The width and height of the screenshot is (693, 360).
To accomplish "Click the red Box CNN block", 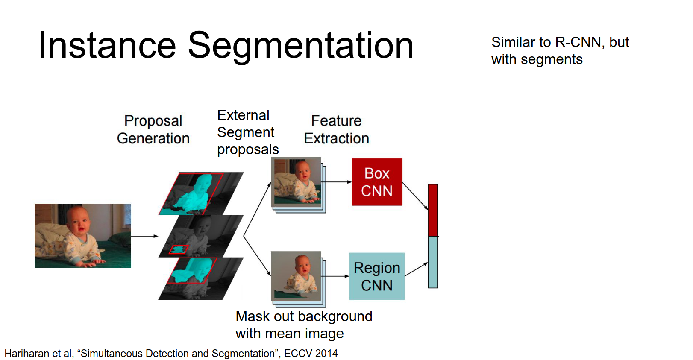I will tap(376, 182).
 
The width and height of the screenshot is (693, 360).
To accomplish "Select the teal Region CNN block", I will tap(376, 276).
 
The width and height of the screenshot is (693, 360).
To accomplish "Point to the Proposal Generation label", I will tap(153, 129).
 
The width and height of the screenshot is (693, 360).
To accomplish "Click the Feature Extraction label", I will tap(336, 129).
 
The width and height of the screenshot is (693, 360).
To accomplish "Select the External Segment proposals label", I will tap(247, 132).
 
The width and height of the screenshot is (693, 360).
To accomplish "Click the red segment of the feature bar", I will tap(432, 210).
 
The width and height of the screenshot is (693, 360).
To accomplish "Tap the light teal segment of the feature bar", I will tap(432, 262).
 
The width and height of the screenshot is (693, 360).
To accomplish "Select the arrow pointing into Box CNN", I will tap(338, 182).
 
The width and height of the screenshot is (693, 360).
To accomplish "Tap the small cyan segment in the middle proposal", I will tap(179, 249).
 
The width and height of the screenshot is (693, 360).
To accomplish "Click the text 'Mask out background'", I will tap(304, 316).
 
